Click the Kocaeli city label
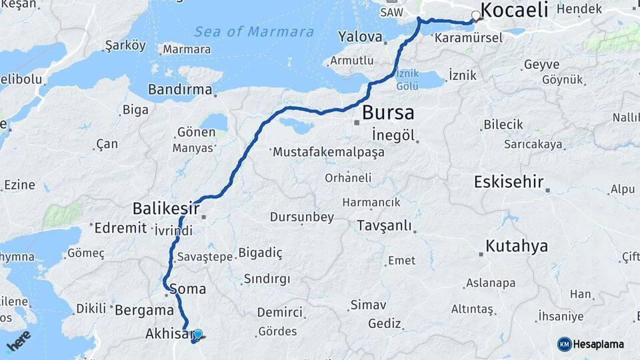(x=513, y=10)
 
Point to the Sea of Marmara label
(x=254, y=31)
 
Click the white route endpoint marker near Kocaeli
(x=476, y=16)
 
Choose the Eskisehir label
(x=510, y=182)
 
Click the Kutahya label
(x=517, y=246)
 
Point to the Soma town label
(x=188, y=290)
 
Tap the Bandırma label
(x=180, y=89)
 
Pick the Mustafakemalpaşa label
(x=329, y=153)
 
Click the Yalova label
(x=360, y=37)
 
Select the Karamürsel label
(x=468, y=38)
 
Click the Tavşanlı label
(x=384, y=225)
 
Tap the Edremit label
(x=121, y=228)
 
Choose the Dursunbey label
(x=301, y=217)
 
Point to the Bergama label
(x=144, y=310)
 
